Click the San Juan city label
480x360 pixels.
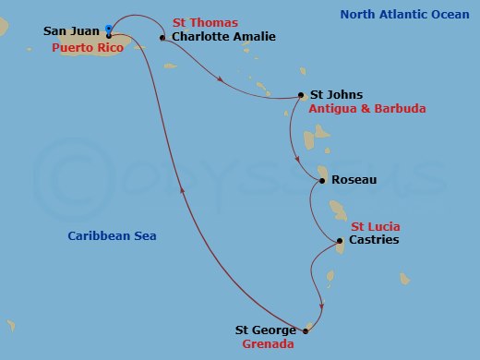point(72,31)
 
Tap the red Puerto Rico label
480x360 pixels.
point(89,46)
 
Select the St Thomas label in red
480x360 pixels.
point(204,22)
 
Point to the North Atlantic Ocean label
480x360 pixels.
point(404,15)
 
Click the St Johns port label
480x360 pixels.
point(336,94)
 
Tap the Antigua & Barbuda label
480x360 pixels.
point(367,108)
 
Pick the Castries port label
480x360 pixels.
point(373,241)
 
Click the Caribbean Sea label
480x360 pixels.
point(112,236)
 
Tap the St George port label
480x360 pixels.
point(266,330)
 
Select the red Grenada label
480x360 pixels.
point(268,345)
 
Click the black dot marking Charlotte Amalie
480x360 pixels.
point(162,38)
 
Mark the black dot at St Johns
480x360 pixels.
point(301,94)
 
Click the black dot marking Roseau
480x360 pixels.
point(321,181)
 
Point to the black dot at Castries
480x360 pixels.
point(340,241)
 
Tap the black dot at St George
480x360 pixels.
point(305,330)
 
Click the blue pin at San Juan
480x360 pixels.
point(110,28)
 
